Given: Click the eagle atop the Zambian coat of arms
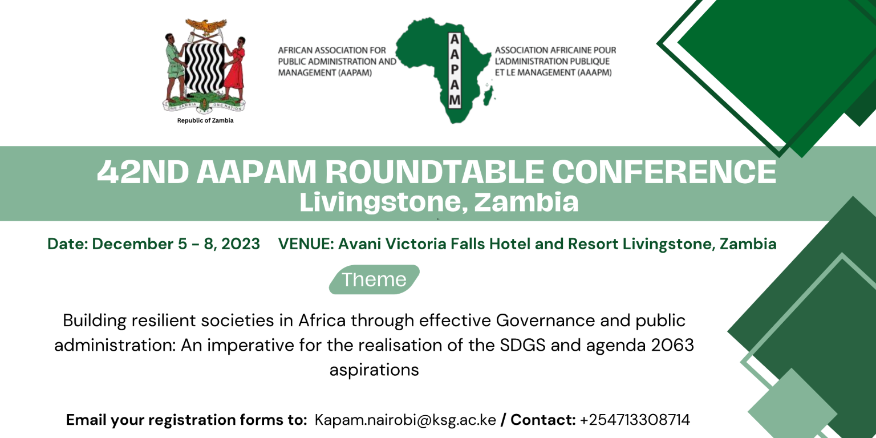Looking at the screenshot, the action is click(206, 26).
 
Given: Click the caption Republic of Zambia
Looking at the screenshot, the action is click(205, 120).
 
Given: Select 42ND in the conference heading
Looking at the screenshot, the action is click(143, 172).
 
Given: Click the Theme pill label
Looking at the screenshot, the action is click(374, 279).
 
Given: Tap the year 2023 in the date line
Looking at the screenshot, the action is click(241, 244).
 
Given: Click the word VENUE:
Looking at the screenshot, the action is click(306, 244).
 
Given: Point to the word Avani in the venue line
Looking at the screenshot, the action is click(359, 244).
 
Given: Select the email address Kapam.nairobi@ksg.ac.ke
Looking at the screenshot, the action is click(405, 420).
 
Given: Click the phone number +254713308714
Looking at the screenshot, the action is click(635, 420).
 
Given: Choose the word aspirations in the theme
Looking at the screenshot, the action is click(374, 370).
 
